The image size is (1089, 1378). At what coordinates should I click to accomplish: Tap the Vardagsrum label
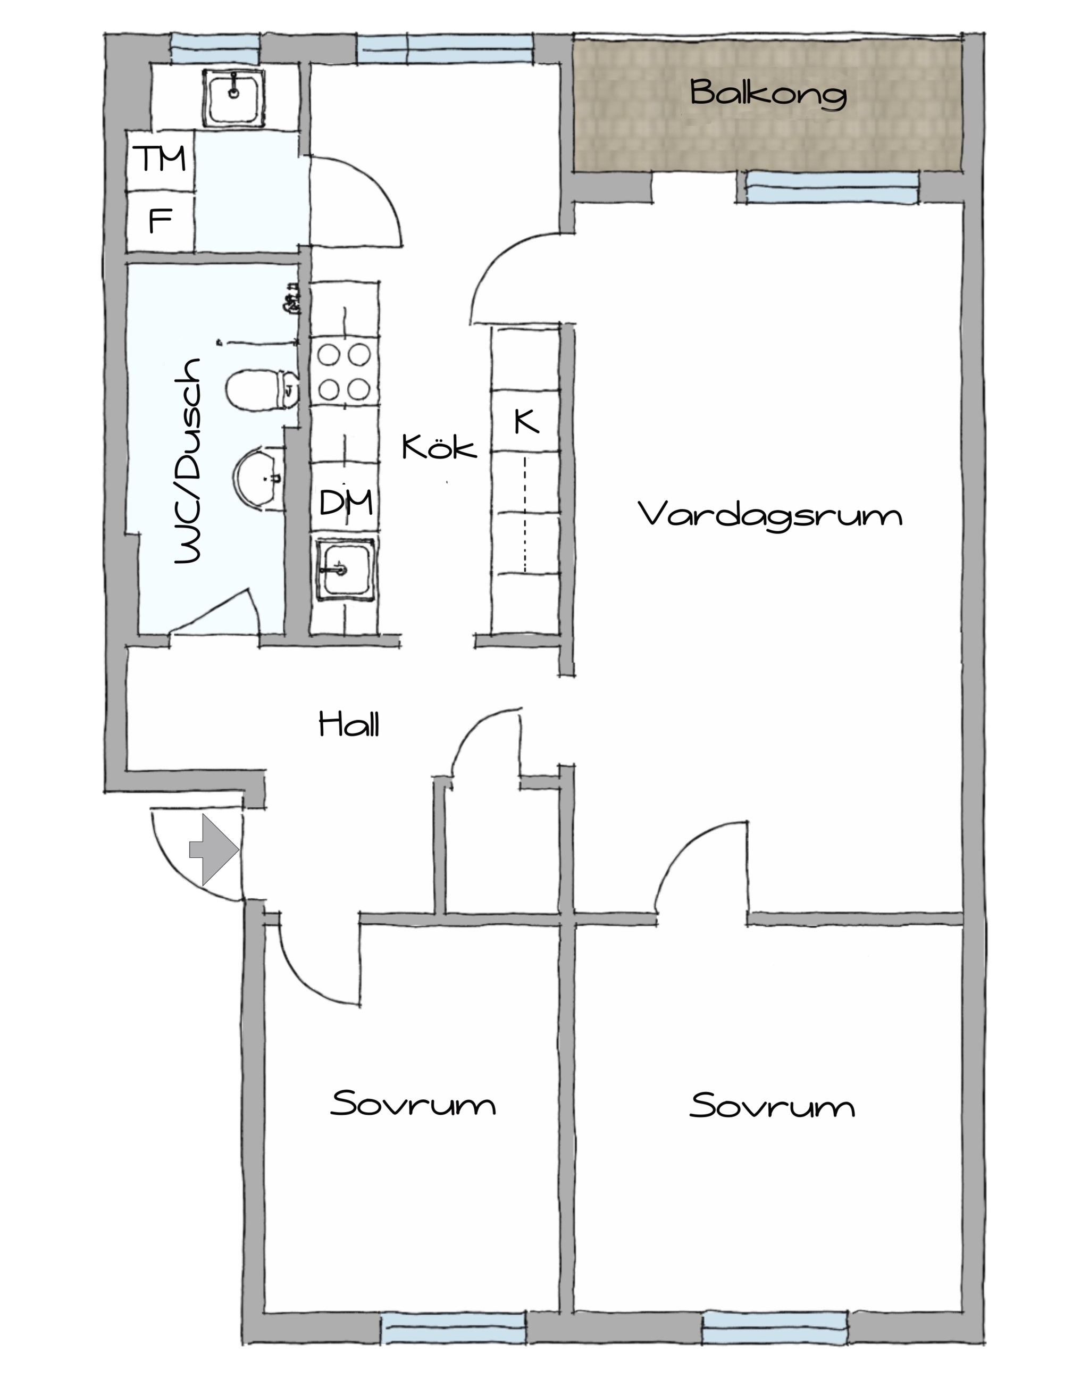(x=770, y=515)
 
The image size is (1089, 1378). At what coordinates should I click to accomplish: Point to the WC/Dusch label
(x=188, y=461)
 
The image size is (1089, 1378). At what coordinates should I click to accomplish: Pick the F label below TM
(x=160, y=221)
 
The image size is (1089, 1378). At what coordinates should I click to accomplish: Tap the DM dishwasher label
(x=346, y=503)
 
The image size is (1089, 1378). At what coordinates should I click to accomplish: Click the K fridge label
(x=526, y=422)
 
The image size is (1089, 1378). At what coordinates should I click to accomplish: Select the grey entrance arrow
(x=214, y=849)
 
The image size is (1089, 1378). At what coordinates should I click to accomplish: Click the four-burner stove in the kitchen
(x=344, y=372)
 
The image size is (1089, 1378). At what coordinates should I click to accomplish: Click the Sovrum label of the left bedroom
(x=413, y=1103)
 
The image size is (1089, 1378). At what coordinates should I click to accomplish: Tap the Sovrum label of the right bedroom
(x=772, y=1105)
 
